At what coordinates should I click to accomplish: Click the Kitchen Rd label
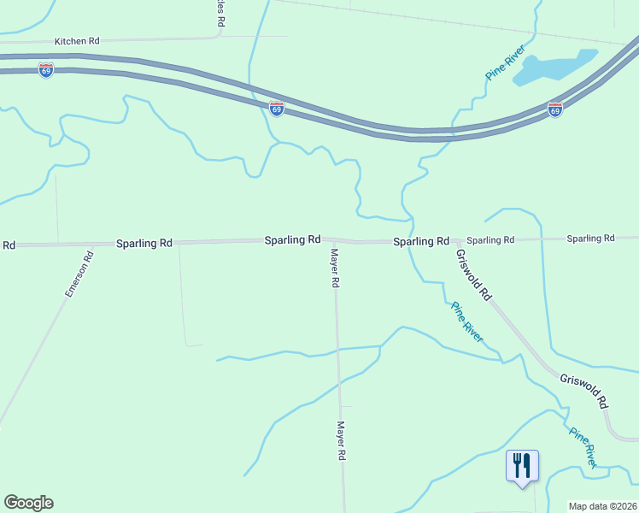tap(77, 40)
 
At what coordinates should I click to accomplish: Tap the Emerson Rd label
tap(78, 274)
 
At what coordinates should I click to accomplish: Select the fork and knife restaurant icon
tap(522, 466)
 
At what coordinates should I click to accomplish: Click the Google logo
tap(28, 503)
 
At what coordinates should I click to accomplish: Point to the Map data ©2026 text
tap(603, 506)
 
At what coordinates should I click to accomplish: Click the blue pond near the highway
tap(552, 68)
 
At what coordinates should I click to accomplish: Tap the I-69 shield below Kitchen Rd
tap(46, 70)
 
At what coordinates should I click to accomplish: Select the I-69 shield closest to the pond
tap(555, 109)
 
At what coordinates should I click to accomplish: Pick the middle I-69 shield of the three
tap(276, 109)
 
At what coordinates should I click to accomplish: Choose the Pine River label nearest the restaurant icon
tap(583, 447)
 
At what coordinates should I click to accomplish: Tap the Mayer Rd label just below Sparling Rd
tap(336, 268)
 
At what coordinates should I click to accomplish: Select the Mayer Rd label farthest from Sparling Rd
tap(341, 440)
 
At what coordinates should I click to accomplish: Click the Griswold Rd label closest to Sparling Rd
tap(473, 274)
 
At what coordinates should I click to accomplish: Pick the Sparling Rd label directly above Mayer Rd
tap(292, 240)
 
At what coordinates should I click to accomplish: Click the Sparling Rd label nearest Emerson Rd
tap(144, 244)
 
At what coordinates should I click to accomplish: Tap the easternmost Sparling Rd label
tap(591, 239)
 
